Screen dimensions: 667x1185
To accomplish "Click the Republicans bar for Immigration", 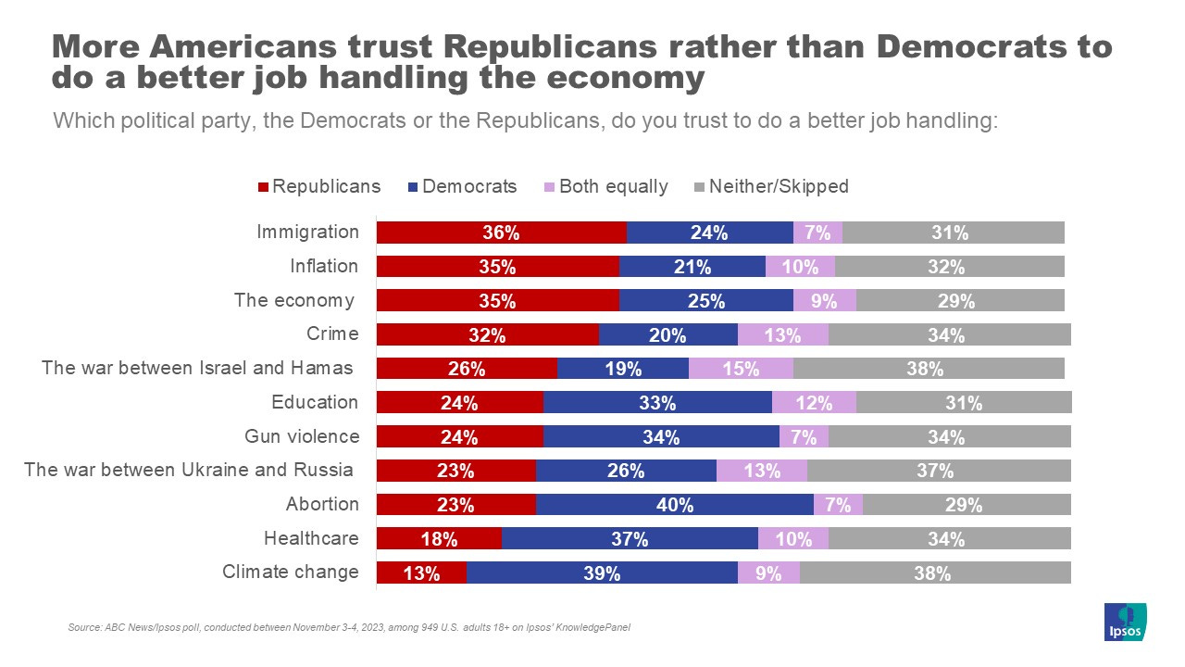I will click(501, 233).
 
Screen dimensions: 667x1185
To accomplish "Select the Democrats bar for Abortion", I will click(674, 505).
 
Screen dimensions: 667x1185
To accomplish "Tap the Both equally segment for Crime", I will click(782, 335).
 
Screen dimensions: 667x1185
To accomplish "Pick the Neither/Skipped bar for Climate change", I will click(935, 573).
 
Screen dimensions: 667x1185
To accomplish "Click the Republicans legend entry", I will click(318, 186).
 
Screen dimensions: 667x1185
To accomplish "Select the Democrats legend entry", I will click(462, 186).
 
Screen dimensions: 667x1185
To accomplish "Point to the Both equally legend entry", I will click(605, 186).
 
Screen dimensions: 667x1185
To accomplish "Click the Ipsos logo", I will click(1125, 622).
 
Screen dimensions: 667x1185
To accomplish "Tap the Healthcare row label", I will click(311, 538).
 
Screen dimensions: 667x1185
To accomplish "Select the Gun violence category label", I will click(301, 436).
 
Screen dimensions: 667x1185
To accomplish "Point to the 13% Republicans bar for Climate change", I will click(421, 573).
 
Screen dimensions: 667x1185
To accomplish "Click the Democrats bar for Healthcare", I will click(630, 539).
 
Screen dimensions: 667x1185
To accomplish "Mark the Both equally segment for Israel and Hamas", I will click(741, 369).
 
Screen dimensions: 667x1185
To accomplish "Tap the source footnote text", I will click(349, 628).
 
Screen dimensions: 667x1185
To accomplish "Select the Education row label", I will click(315, 402).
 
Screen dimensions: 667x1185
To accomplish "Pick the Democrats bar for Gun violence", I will click(661, 437).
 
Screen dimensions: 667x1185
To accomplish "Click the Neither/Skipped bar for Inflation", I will click(949, 267).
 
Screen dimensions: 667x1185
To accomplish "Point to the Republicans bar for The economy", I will click(497, 301).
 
